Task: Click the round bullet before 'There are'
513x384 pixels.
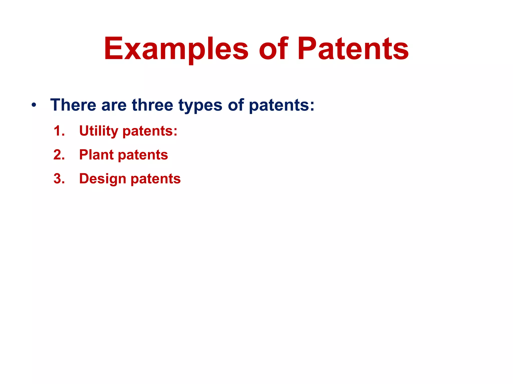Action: tap(34, 105)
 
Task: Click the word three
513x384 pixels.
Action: tap(152, 105)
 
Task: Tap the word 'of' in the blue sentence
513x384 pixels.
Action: tap(236, 105)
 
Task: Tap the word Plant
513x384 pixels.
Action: tap(96, 155)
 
